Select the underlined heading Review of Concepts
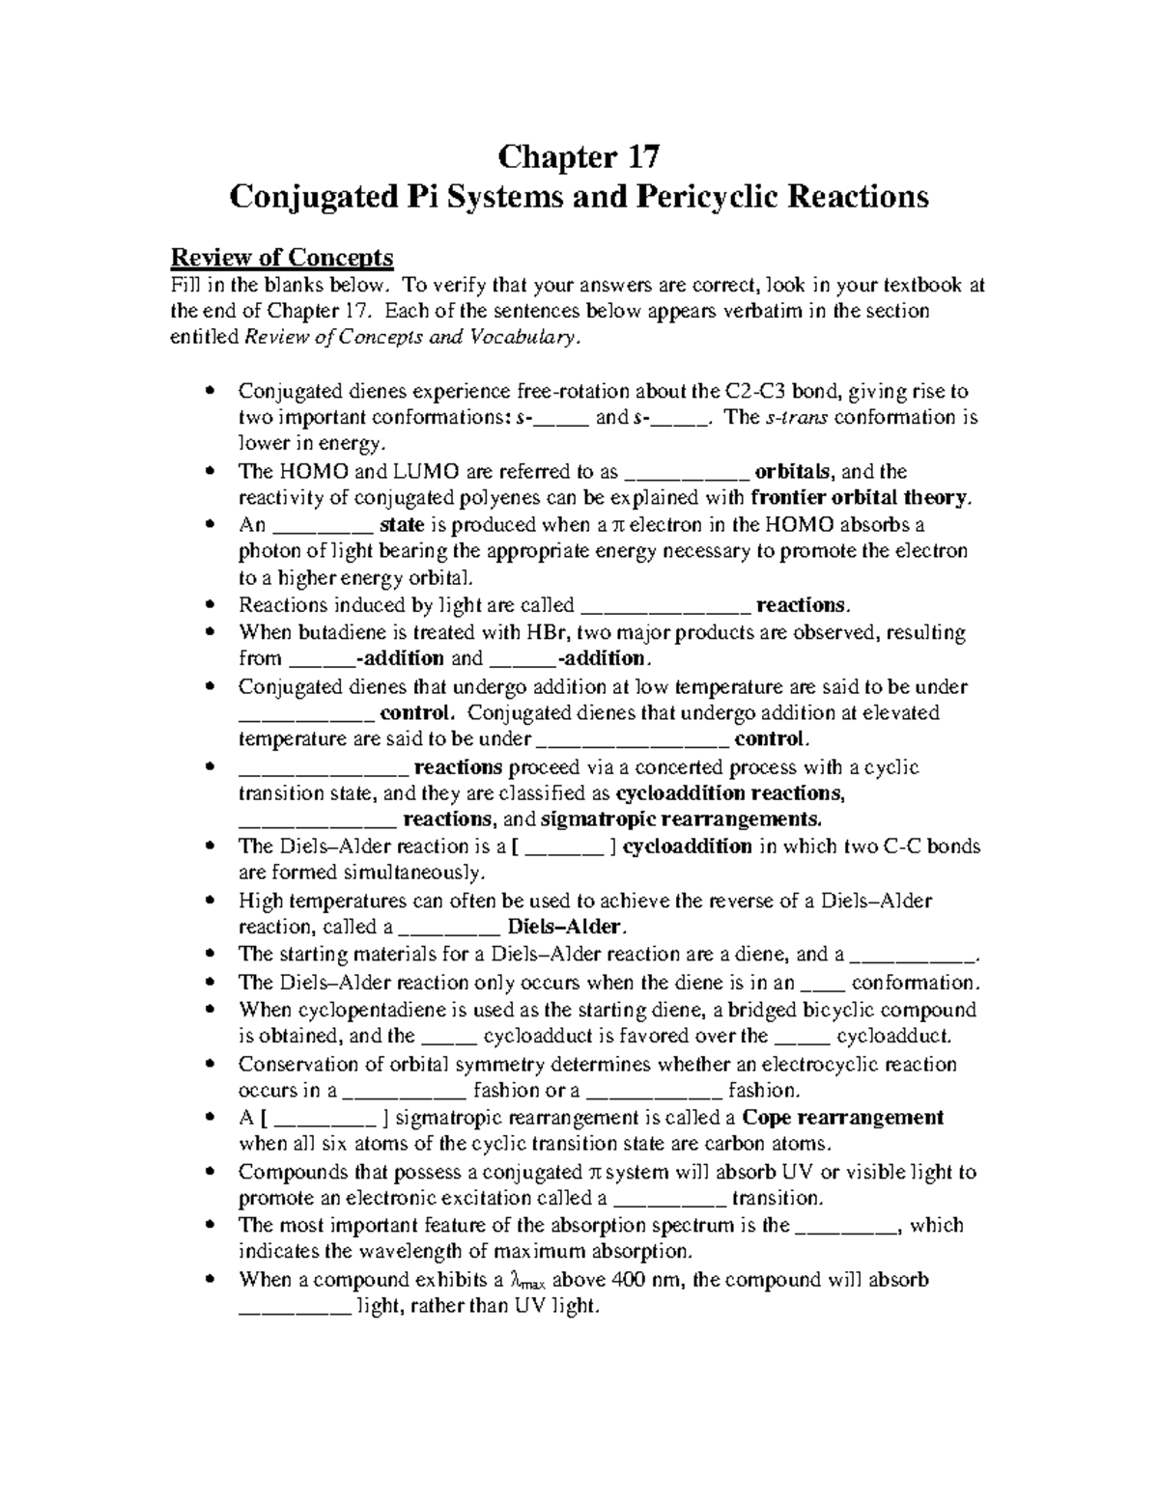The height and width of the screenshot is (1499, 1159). tap(282, 258)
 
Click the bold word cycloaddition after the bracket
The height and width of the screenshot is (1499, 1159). tap(687, 847)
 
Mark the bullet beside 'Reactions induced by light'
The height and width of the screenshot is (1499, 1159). tap(212, 606)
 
